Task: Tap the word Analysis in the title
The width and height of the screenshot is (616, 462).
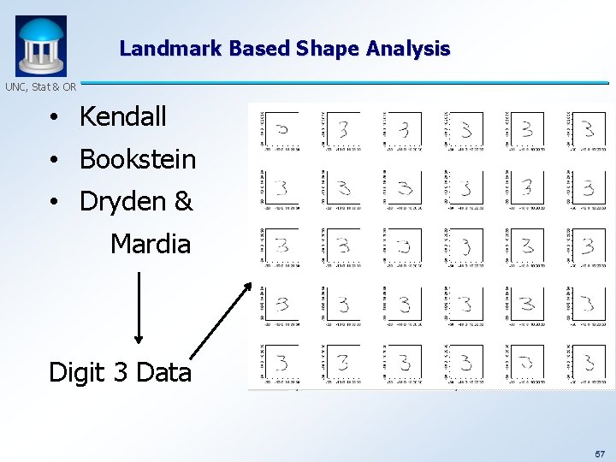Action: tap(408, 49)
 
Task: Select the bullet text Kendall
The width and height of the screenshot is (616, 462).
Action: tap(122, 117)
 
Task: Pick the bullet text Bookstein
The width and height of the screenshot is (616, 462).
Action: tap(137, 159)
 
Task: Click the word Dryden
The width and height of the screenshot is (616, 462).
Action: tap(125, 202)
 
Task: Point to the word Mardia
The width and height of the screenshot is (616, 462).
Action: tap(151, 245)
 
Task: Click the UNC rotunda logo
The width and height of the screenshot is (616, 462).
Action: tap(40, 46)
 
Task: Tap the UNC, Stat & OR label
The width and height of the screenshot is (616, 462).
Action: tap(40, 86)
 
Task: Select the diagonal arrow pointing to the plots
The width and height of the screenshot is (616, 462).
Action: tap(221, 321)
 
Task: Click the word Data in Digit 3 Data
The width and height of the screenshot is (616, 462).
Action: tap(163, 373)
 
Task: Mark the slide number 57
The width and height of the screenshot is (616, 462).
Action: tap(599, 453)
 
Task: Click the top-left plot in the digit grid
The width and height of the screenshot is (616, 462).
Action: tap(281, 129)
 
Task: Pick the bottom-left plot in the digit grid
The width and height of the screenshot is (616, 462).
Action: tap(281, 363)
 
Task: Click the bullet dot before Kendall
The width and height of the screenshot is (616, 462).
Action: tap(53, 118)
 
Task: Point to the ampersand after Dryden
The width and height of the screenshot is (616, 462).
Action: tap(183, 202)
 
